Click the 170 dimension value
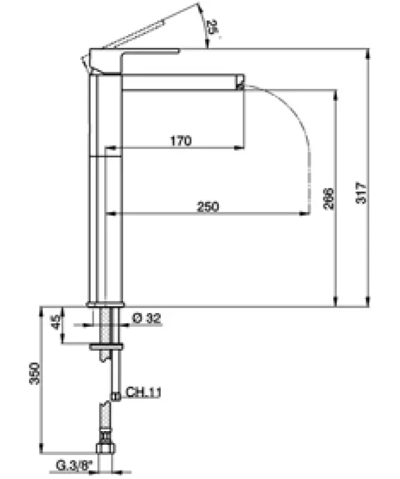(x=180, y=141)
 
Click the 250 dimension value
(x=208, y=207)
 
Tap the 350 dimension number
(x=35, y=374)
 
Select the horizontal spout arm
(x=179, y=82)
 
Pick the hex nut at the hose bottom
(x=105, y=451)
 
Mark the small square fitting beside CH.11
(x=115, y=395)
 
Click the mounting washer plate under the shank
(x=106, y=347)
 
